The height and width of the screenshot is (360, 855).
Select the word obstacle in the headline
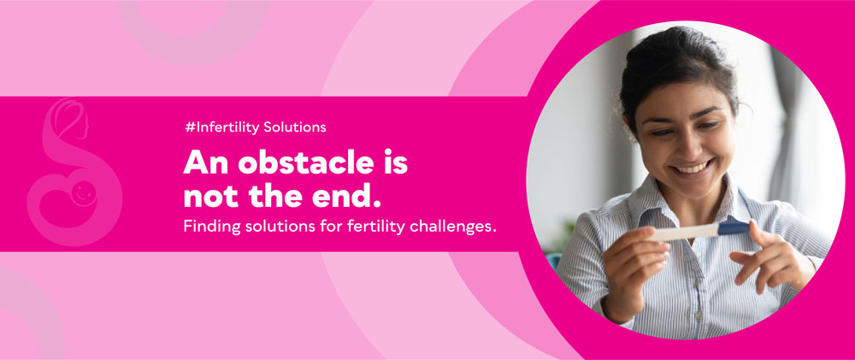pos(307,162)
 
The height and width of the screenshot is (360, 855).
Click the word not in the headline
pos(209,197)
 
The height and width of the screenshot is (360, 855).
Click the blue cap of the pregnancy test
pos(734,227)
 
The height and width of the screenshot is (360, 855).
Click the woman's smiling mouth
pos(691,167)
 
